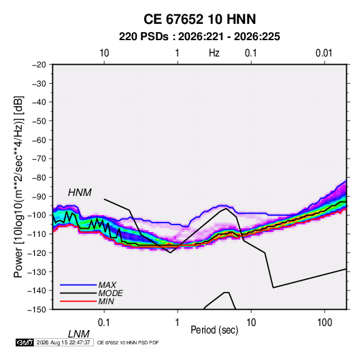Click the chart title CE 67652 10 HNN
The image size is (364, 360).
(199, 19)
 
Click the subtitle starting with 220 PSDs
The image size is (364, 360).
(199, 37)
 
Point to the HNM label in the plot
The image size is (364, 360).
(80, 193)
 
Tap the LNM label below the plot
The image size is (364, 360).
(79, 334)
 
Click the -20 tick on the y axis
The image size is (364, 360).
(39, 65)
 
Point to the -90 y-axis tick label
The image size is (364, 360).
(39, 197)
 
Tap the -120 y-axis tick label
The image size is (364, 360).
(37, 253)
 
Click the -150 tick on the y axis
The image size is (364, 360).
(37, 310)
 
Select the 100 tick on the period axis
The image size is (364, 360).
(325, 323)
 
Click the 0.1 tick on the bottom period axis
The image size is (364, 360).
(104, 323)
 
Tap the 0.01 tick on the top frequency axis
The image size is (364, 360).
(324, 53)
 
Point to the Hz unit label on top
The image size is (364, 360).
(214, 53)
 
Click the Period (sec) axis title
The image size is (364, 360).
(214, 330)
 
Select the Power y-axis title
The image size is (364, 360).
(18, 186)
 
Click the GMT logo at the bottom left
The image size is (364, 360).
(24, 342)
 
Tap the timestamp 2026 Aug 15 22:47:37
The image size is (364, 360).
(63, 342)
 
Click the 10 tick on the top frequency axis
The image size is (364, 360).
(104, 53)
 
